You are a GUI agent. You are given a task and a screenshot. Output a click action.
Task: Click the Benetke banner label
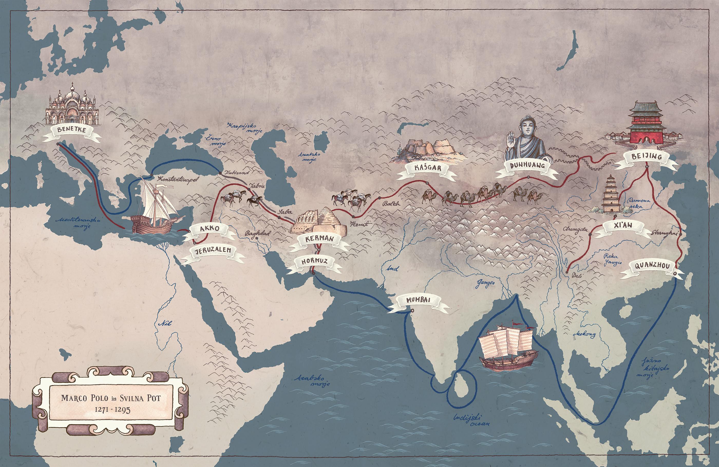tap(72, 130)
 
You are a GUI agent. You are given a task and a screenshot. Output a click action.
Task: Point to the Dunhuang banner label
tap(527, 165)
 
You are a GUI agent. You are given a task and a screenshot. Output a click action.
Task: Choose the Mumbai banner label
tap(418, 300)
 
